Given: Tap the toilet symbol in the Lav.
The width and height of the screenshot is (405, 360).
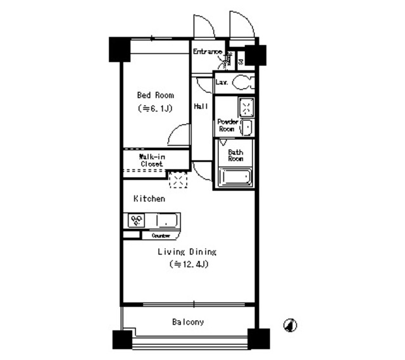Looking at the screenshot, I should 242,82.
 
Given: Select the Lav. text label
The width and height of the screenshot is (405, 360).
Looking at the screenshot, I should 221,82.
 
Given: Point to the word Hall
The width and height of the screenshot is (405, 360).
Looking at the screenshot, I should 202,106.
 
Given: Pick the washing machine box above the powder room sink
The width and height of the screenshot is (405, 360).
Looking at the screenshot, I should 245,107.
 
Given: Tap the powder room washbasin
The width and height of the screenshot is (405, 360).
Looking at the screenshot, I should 246,127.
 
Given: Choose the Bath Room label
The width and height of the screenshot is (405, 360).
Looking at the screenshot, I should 235,155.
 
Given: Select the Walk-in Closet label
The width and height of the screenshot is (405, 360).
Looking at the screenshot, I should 152,160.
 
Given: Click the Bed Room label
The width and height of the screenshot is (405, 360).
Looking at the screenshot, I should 156,95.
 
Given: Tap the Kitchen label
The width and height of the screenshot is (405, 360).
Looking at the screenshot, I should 149,199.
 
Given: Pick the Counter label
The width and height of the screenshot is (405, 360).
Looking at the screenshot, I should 161,235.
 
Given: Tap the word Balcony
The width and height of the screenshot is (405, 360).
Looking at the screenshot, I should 188,322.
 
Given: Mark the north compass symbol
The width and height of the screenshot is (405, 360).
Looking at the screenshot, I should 290,325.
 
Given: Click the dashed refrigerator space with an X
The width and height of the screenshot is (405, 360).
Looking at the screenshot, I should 178,180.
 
